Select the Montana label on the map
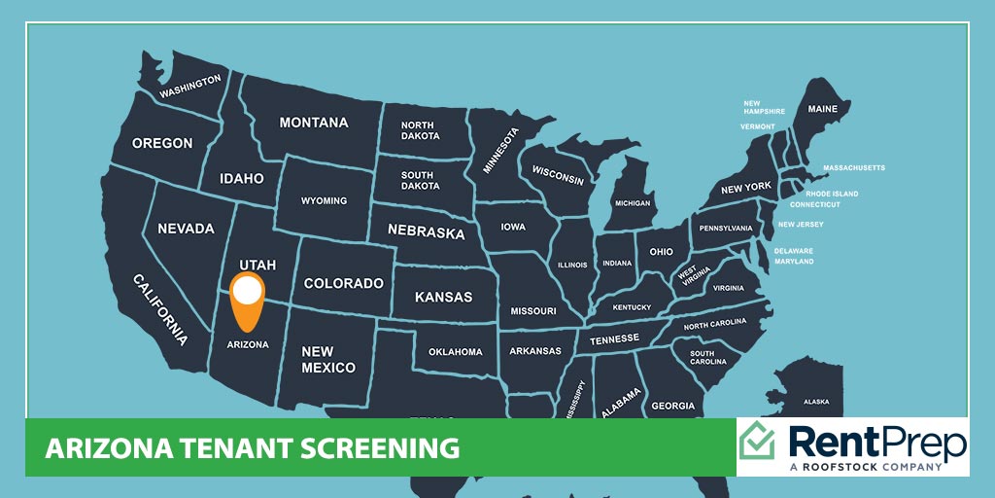coord(314,124)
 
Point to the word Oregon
coord(162,143)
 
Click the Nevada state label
coord(186,229)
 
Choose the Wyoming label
coord(324,201)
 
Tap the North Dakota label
coord(418,131)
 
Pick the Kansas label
coord(443,297)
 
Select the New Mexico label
coord(328,360)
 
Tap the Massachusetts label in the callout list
coord(854,168)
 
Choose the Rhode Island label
coord(832,194)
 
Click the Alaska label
coord(816,402)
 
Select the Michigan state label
coord(632,203)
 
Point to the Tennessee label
coord(615,338)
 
